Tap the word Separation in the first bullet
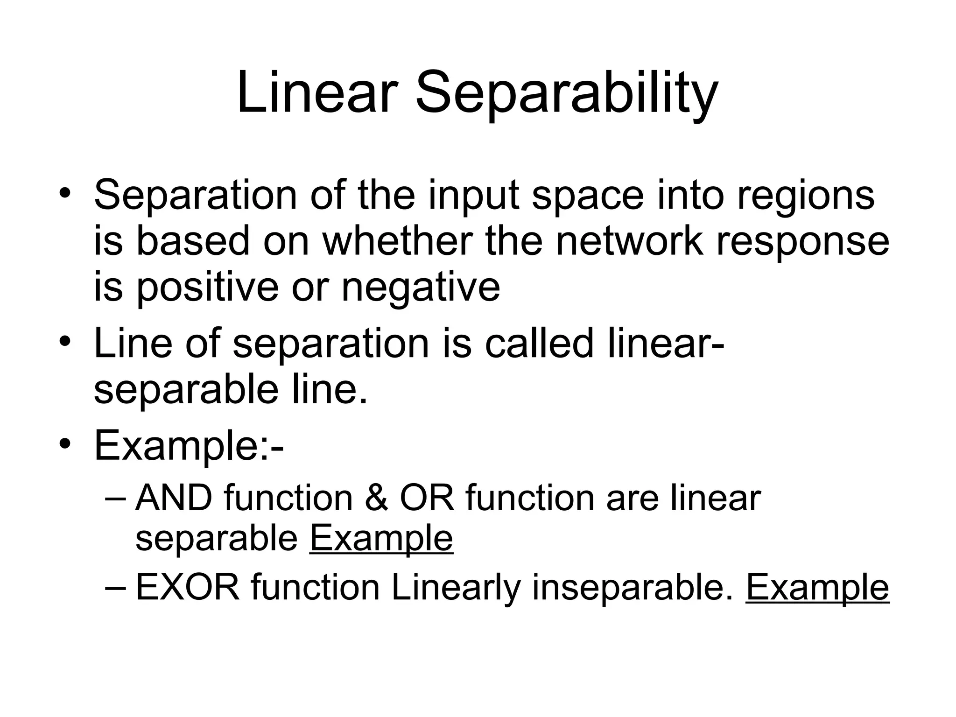[x=196, y=195]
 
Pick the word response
[x=802, y=244]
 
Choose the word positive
[x=207, y=288]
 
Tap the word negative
[x=421, y=288]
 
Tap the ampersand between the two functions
[x=376, y=498]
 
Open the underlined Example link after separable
[x=381, y=540]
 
